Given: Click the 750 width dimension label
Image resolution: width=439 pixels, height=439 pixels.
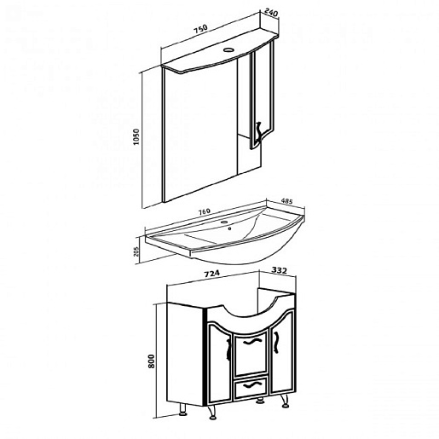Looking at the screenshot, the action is [x=200, y=30].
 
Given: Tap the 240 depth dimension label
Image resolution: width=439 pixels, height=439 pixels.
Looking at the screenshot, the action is [x=271, y=13].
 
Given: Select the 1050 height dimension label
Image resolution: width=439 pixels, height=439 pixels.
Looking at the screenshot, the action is [x=136, y=137].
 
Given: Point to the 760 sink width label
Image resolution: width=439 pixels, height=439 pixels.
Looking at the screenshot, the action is [x=204, y=211].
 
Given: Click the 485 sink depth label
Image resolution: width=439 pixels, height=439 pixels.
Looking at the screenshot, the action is [x=286, y=201].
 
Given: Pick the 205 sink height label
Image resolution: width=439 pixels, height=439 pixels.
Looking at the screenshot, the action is [x=136, y=251].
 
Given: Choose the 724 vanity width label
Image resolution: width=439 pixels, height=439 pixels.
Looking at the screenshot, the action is [x=212, y=274].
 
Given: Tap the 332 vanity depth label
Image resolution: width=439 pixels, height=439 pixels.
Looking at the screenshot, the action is [x=280, y=270].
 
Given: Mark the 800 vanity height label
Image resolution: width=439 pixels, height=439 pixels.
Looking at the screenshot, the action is [x=151, y=361].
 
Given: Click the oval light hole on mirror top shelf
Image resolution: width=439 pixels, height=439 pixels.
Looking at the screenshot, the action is [x=228, y=50].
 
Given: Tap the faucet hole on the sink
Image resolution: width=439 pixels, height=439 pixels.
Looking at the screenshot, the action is [x=224, y=222].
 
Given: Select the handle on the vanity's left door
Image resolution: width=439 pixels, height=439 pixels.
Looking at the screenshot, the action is [x=228, y=349].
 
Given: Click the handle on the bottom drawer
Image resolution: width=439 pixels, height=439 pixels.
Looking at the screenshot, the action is [x=251, y=385].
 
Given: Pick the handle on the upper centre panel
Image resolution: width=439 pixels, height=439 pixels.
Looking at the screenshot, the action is [x=251, y=341].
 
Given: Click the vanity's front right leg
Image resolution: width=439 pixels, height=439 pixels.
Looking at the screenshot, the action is [x=285, y=401].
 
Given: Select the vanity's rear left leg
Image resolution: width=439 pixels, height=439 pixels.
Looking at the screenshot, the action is [x=182, y=410].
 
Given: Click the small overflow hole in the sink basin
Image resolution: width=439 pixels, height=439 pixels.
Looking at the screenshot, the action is [x=229, y=228].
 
